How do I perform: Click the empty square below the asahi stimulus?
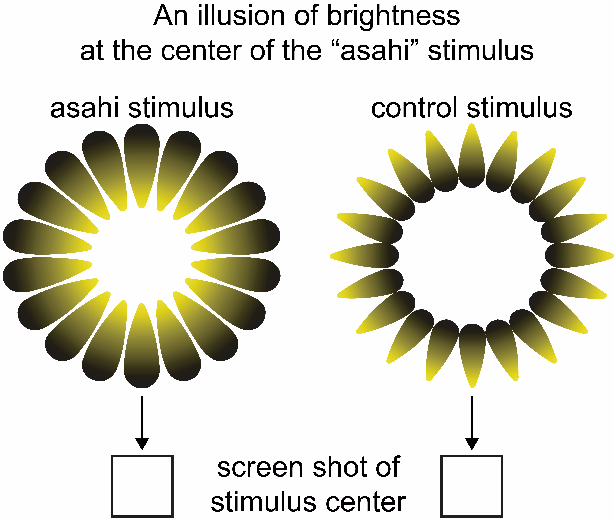coord(142,486)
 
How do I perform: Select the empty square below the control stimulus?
coord(472,486)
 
